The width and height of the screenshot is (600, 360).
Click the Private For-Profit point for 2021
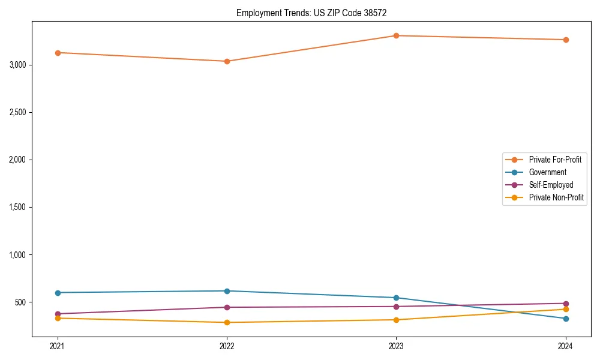[x=58, y=53]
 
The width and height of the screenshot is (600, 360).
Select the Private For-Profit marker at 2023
[x=396, y=35]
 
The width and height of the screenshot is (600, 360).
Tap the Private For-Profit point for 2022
[x=227, y=61]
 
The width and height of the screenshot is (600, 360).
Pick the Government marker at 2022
[x=227, y=291]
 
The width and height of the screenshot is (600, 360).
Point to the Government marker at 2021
[x=58, y=293]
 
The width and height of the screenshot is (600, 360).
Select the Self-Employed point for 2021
[x=58, y=314]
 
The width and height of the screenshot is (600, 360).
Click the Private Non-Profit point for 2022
[x=227, y=322]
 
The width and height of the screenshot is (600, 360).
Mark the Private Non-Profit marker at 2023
[x=396, y=320]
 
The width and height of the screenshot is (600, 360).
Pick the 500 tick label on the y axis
[x=20, y=302]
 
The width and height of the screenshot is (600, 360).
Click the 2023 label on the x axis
[x=396, y=346]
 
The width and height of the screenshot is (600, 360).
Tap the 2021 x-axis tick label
[x=58, y=346]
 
